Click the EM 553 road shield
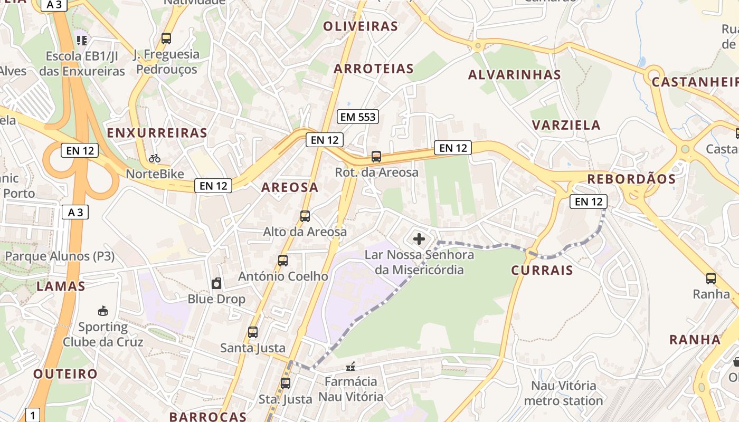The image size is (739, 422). click(358, 117)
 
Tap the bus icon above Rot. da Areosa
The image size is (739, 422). click(376, 156)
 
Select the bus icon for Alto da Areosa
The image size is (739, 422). click(305, 216)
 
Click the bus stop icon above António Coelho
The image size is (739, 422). click(282, 260)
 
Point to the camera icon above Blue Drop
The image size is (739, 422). click(216, 284)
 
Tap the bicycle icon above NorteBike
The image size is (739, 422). click(154, 158)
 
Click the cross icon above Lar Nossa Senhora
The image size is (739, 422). click(419, 239)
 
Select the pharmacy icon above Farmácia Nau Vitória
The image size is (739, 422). click(350, 366)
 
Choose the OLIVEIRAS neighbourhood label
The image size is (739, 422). click(361, 26)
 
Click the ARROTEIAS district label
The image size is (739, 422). click(374, 69)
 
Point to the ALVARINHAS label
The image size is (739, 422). click(514, 75)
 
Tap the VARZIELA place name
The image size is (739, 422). click(566, 125)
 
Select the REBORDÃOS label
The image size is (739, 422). click(631, 179)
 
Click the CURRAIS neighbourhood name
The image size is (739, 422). click(542, 271)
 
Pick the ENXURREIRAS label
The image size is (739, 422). click(157, 133)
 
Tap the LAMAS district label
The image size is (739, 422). click(61, 286)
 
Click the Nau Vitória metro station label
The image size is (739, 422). click(563, 393)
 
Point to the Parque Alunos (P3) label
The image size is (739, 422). click(60, 256)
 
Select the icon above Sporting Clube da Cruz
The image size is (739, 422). click(103, 311)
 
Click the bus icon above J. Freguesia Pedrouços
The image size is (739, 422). click(166, 39)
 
